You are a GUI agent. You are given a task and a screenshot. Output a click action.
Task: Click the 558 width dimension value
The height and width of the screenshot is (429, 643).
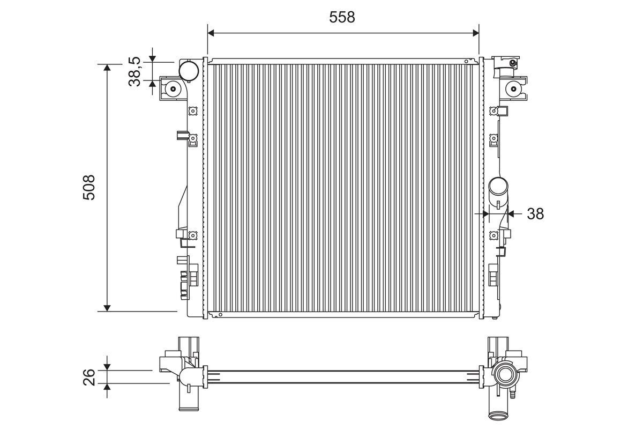pyautogui.click(x=342, y=17)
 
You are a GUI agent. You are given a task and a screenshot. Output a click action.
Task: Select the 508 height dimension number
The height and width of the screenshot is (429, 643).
pyautogui.click(x=89, y=187)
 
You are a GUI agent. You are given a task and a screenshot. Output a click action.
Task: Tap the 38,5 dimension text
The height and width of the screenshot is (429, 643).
pyautogui.click(x=134, y=71)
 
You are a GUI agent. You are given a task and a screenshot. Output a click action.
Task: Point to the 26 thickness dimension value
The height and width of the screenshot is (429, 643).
pyautogui.click(x=89, y=377)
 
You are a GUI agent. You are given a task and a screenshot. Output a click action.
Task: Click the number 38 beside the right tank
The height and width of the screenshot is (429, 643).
pyautogui.click(x=535, y=214)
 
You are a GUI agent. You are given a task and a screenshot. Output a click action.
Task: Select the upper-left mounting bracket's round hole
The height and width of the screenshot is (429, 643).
pyautogui.click(x=173, y=88)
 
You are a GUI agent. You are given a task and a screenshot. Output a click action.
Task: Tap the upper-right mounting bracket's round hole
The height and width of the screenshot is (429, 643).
pyautogui.click(x=513, y=88)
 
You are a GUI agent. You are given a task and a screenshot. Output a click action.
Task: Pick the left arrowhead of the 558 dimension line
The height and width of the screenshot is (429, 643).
pyautogui.click(x=211, y=33)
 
